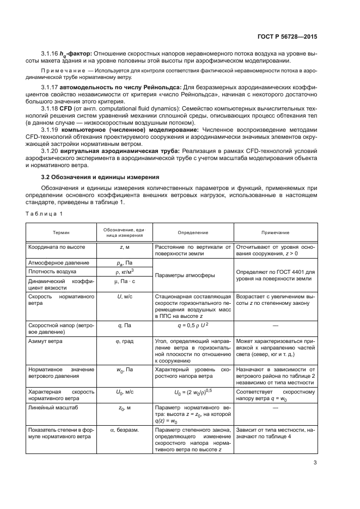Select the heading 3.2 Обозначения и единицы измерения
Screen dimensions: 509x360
(100, 177)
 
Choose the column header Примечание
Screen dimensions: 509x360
(275, 232)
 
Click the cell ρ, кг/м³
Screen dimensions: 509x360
(124, 271)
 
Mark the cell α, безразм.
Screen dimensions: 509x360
(124, 430)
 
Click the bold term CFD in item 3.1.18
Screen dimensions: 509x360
(65, 109)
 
